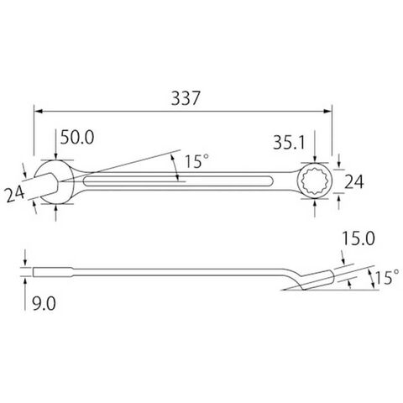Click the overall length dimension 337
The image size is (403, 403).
pyautogui.click(x=186, y=98)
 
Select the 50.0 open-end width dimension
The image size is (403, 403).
pyautogui.click(x=77, y=137)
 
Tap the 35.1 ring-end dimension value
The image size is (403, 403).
pyautogui.click(x=289, y=142)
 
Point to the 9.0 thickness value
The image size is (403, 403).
pyautogui.click(x=44, y=303)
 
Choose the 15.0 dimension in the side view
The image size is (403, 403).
pyautogui.click(x=359, y=238)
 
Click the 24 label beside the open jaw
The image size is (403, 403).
pyautogui.click(x=14, y=194)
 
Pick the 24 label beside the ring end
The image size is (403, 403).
pyautogui.click(x=353, y=182)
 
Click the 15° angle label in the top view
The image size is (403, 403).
pyautogui.click(x=196, y=161)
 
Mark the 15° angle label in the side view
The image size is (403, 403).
pyautogui.click(x=386, y=277)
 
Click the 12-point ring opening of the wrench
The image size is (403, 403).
pyautogui.click(x=315, y=181)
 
